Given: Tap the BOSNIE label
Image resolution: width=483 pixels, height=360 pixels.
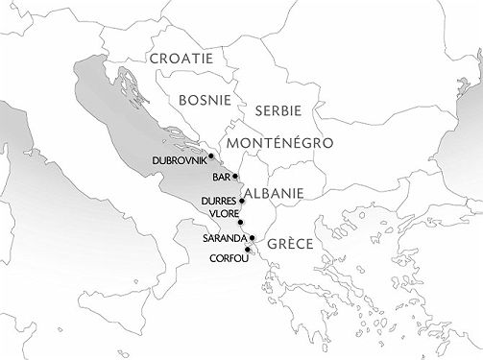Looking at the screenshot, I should [x=203, y=99].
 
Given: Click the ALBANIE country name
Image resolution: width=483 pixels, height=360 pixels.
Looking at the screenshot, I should [x=275, y=194].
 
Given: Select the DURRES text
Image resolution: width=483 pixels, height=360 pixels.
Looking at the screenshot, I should [x=218, y=201].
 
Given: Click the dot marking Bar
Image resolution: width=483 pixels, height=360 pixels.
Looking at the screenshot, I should [x=236, y=177].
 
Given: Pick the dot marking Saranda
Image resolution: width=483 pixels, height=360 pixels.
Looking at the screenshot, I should [x=251, y=237].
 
